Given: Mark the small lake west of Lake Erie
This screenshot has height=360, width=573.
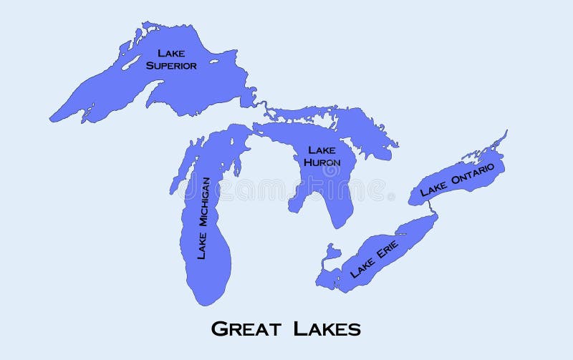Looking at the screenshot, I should pos(331,252).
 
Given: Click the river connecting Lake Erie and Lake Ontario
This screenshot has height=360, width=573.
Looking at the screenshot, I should pos(430,207).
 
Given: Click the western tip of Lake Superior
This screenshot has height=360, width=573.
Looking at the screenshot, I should pos(52,118).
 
